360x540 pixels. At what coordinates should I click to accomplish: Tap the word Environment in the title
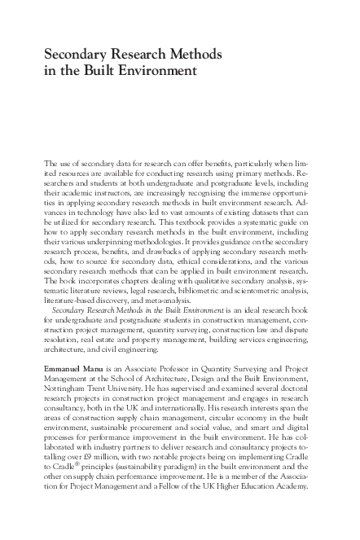click(x=156, y=71)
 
